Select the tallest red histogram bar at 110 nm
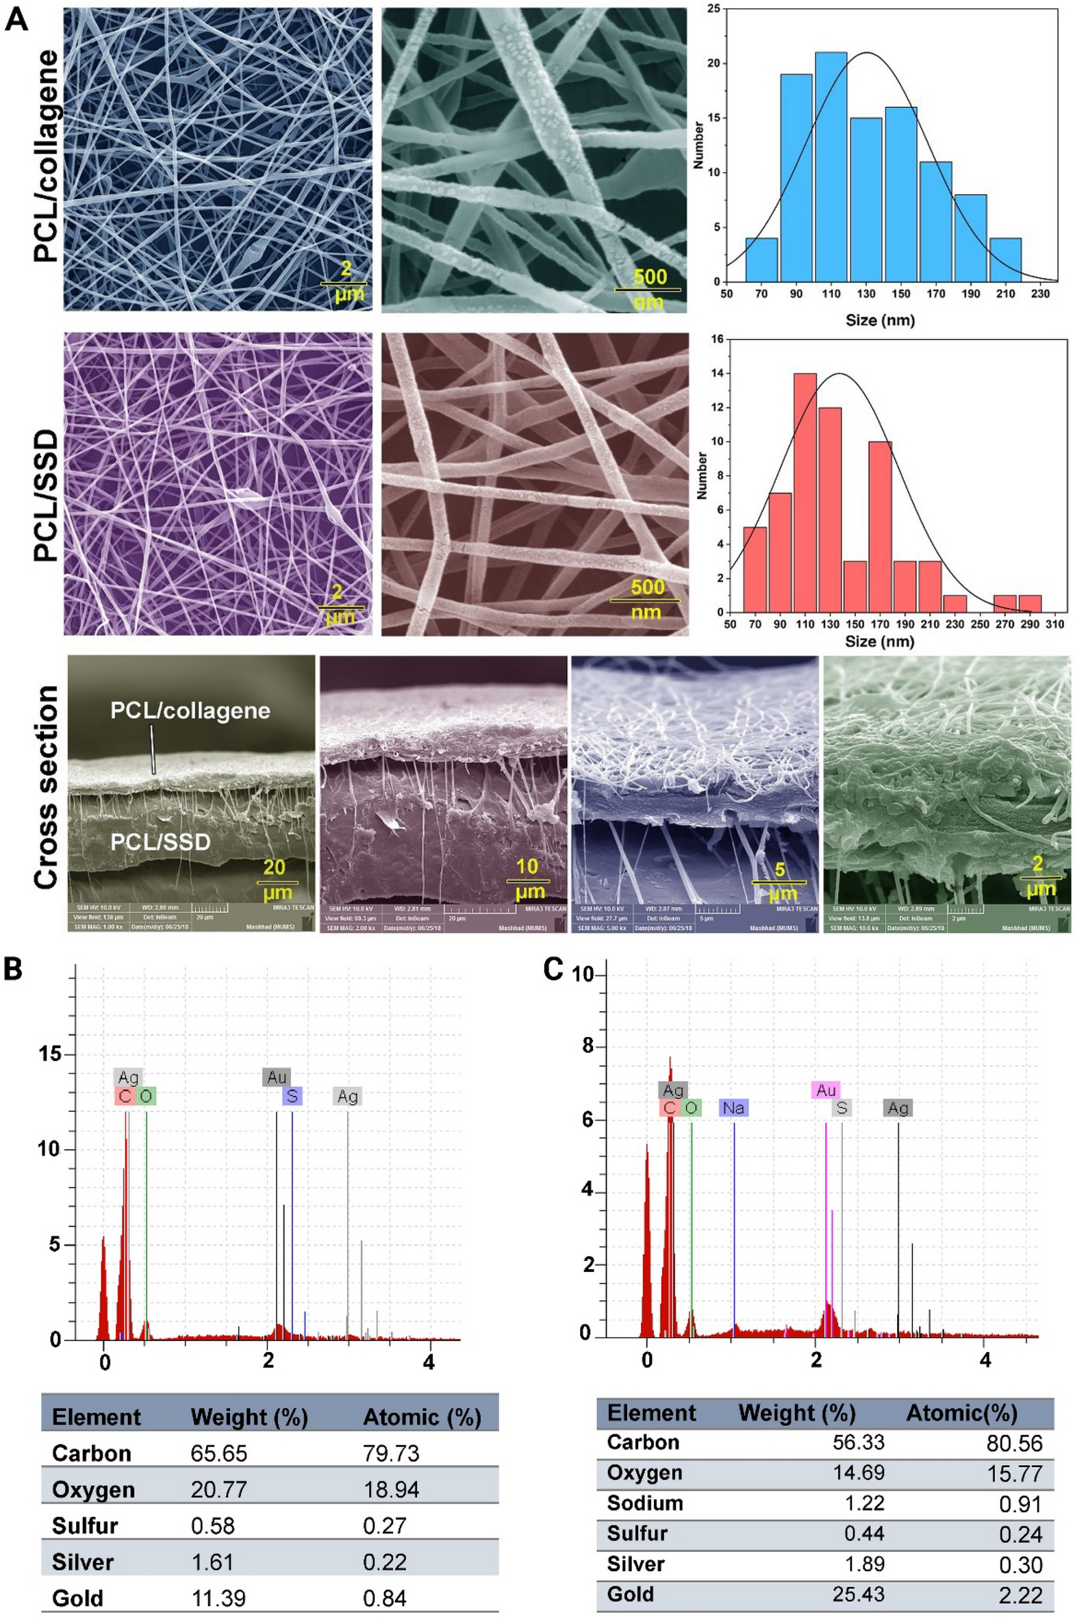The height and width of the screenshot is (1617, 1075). [x=804, y=492]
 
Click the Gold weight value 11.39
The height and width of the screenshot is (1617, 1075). [x=218, y=1598]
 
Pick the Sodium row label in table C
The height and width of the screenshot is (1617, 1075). [x=644, y=1503]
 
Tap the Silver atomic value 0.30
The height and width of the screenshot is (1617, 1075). [x=1021, y=1565]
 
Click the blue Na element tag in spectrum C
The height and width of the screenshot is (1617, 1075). [x=733, y=1108]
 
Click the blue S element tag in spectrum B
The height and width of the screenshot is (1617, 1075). [x=292, y=1096]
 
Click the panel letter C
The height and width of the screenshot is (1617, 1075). [x=553, y=969]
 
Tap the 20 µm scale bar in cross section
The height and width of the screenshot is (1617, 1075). [x=277, y=882]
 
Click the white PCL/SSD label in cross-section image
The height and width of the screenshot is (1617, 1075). [x=160, y=842]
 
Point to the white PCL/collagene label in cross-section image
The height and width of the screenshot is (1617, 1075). [x=190, y=711]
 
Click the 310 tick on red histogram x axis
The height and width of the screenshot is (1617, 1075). [x=1054, y=624]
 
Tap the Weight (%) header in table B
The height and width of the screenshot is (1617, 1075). [x=249, y=1417]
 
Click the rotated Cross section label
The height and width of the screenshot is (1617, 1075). [x=46, y=788]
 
